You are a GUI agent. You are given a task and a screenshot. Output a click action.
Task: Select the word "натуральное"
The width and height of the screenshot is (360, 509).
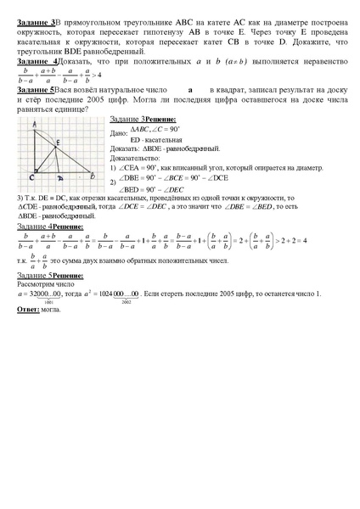[124, 89]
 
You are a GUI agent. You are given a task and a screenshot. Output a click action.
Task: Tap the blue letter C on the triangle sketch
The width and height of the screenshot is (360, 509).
[31, 179]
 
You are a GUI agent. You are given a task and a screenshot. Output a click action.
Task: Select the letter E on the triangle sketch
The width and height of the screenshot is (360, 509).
[57, 143]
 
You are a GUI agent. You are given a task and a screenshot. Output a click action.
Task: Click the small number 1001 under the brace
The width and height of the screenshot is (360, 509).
[48, 303]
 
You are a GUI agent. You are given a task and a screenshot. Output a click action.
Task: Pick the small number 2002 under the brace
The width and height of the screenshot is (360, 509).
[126, 302]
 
